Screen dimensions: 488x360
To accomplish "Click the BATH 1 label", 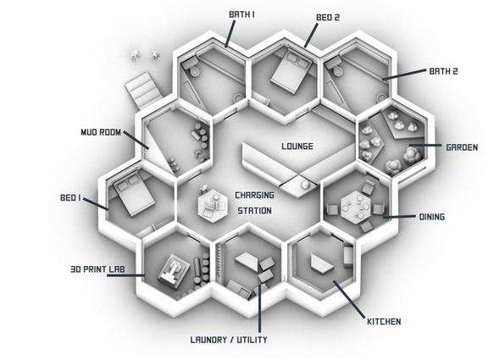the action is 241,14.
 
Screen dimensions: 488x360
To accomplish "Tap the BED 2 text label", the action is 328,18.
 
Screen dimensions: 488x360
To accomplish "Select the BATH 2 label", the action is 443,71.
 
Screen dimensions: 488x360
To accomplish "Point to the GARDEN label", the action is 462,147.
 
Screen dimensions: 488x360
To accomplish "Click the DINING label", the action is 432,217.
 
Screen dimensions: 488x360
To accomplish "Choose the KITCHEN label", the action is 384,321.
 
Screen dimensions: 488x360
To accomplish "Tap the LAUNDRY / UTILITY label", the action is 229,340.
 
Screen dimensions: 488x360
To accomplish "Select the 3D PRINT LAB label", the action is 97,269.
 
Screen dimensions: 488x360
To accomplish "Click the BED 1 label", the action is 70,197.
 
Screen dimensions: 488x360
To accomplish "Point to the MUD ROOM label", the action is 101,132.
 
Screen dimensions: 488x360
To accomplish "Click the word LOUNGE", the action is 297,147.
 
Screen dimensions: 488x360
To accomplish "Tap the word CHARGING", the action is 254,196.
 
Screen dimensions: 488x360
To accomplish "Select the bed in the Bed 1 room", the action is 134,195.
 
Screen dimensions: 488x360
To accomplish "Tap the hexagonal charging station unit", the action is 213,204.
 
